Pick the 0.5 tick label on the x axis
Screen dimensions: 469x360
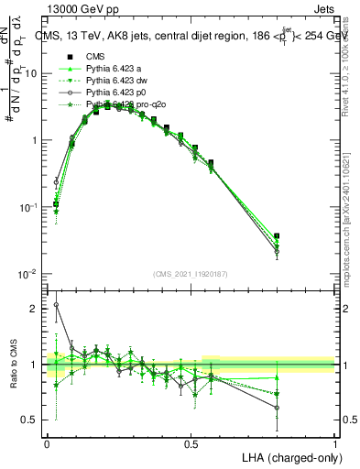pos(191,443)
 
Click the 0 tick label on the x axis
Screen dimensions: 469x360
pos(47,443)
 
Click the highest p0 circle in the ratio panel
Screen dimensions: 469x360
pos(56,305)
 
